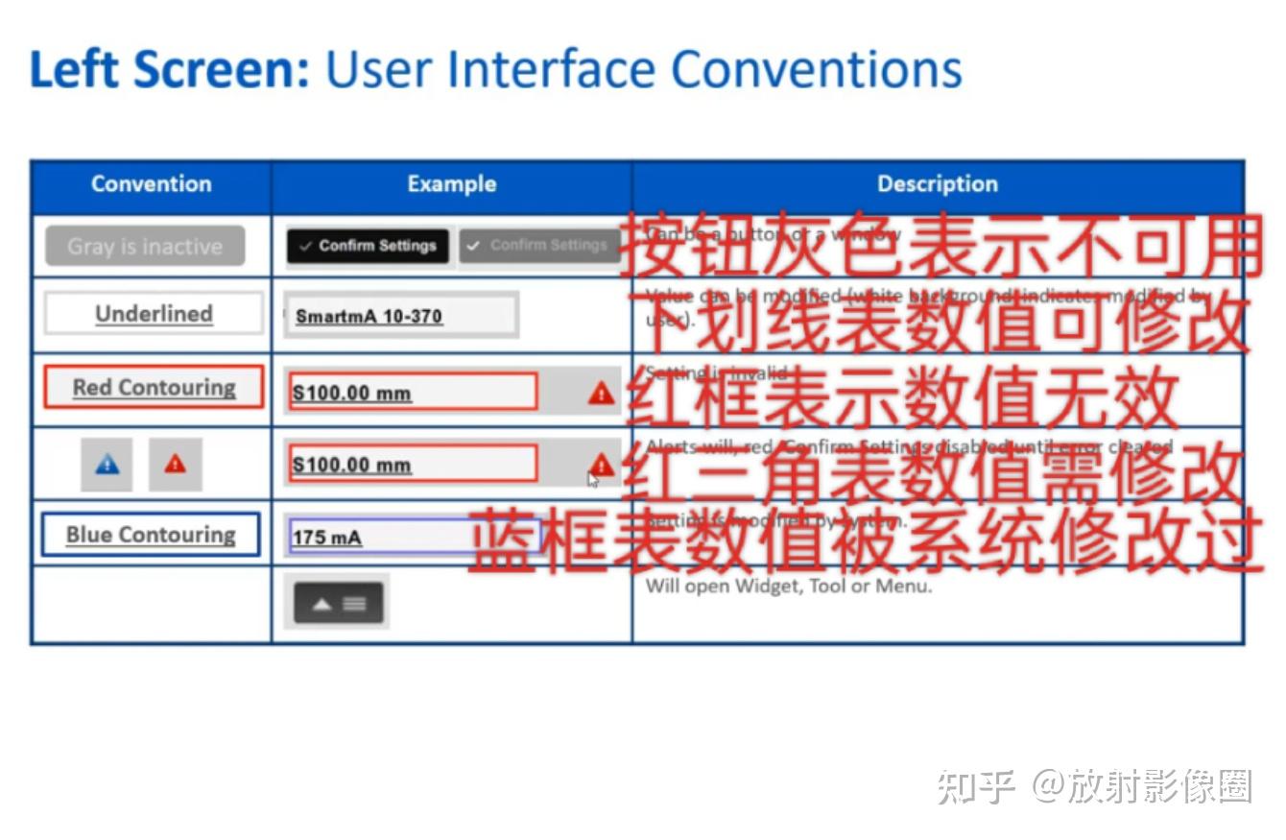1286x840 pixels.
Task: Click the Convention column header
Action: (151, 184)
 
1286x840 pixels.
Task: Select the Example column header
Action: (451, 184)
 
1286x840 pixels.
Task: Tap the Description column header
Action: (937, 184)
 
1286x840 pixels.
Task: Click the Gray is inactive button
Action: (145, 247)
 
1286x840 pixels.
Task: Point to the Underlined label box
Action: (154, 314)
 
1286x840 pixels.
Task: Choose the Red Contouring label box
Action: (154, 388)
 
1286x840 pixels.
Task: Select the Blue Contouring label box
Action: (151, 535)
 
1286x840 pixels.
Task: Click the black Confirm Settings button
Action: (368, 246)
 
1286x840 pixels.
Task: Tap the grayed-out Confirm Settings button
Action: (538, 246)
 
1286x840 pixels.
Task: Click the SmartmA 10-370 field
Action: (401, 316)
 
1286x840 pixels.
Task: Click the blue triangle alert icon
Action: (107, 465)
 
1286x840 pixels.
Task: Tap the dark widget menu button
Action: (338, 604)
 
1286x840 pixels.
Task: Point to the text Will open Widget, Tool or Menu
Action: (789, 586)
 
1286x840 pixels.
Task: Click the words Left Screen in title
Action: (170, 69)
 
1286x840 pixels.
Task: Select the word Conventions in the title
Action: (816, 69)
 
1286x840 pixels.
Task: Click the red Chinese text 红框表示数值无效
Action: (902, 396)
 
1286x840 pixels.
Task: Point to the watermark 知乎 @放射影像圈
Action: (1094, 786)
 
